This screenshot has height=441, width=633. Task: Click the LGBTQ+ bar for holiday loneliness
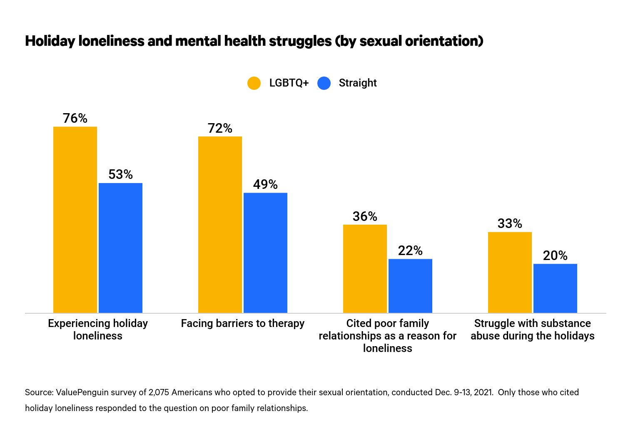(x=75, y=220)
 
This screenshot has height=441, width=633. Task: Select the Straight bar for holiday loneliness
(x=120, y=248)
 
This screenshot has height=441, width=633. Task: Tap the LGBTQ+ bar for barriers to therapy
(x=220, y=225)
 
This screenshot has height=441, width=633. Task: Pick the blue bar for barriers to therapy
(x=265, y=253)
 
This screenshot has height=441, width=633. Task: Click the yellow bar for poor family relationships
(x=365, y=269)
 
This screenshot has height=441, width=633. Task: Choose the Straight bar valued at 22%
(x=410, y=286)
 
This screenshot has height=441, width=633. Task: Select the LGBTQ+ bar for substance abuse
(x=510, y=273)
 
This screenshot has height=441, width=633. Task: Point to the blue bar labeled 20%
(x=555, y=288)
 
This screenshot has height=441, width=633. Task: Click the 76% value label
(x=75, y=118)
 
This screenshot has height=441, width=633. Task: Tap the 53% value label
(x=120, y=174)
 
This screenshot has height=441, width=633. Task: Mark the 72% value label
(x=220, y=128)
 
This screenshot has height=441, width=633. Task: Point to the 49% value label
(x=265, y=184)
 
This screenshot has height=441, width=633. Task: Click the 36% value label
(x=365, y=216)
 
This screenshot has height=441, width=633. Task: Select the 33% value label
(x=510, y=223)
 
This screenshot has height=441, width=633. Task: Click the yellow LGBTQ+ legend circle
(x=254, y=83)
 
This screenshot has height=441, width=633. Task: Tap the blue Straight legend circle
(x=324, y=83)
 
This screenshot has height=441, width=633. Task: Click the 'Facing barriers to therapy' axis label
(x=242, y=323)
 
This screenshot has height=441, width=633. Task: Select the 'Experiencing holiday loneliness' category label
(x=98, y=330)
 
